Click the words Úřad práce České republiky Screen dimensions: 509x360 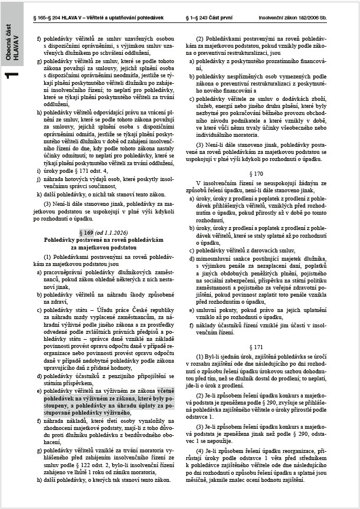pos(127,309)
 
